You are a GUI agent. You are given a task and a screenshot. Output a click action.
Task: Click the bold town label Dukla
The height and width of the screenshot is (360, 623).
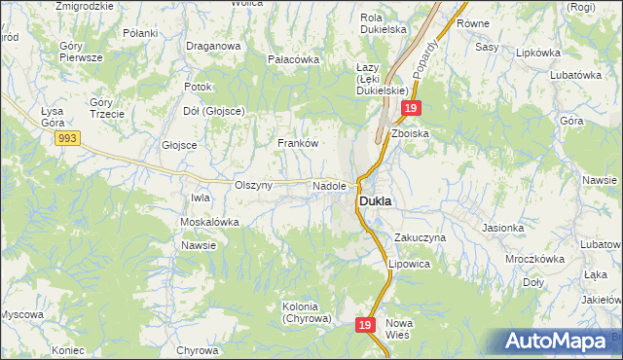(376, 201)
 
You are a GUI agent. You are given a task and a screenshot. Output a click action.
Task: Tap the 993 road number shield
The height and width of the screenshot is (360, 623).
(67, 140)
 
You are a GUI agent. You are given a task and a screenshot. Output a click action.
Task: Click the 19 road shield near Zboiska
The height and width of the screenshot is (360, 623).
(412, 109)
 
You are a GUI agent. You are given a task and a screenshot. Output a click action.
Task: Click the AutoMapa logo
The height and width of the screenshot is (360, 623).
(559, 342)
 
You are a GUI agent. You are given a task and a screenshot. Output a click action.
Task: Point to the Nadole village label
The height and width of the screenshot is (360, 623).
(329, 185)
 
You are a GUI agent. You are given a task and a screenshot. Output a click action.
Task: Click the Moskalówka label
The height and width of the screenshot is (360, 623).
(209, 222)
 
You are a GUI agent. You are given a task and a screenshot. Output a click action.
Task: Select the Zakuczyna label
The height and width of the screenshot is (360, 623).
(421, 236)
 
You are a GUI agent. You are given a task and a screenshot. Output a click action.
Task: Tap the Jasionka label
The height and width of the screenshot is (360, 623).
(502, 228)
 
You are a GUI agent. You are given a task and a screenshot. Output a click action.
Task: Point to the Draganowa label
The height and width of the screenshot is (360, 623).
(213, 46)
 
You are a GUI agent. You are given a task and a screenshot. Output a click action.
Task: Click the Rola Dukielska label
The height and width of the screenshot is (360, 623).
(383, 23)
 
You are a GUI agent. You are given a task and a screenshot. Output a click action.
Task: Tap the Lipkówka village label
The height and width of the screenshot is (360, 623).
(541, 53)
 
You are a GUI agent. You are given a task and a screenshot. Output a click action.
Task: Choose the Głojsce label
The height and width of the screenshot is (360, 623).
(179, 145)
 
